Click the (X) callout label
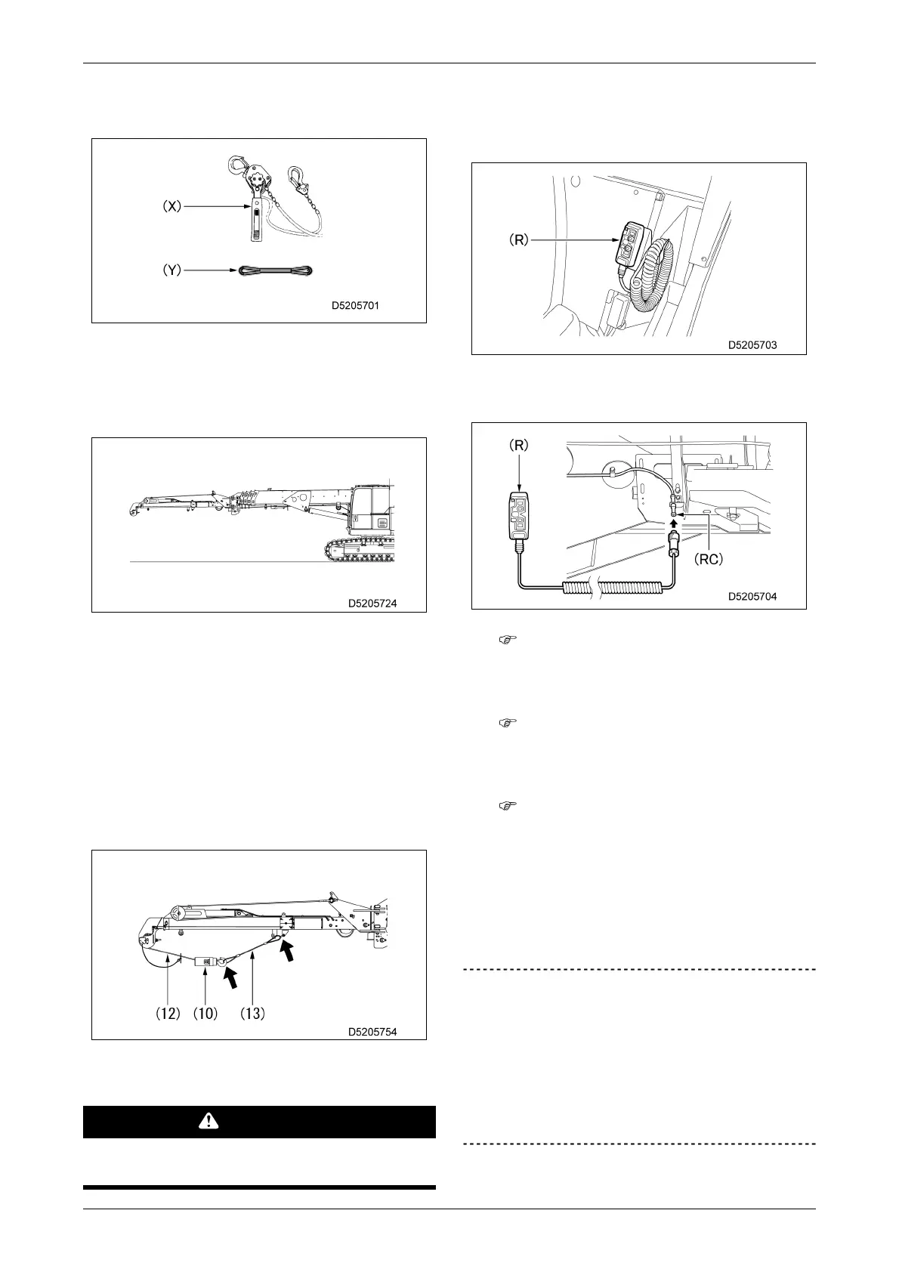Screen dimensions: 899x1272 [173, 206]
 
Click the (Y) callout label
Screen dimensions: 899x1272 [173, 270]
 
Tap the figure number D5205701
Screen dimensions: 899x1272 [355, 307]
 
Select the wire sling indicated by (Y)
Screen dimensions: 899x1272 [276, 270]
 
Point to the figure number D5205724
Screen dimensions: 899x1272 [372, 604]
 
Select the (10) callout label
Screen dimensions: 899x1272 [205, 1013]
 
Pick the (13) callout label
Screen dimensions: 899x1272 [252, 1013]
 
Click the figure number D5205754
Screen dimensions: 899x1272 [372, 1031]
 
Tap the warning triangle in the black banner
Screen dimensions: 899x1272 [208, 1122]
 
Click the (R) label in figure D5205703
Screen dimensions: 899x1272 [519, 241]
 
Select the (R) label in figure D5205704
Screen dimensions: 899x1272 [518, 446]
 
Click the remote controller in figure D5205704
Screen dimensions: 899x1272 [518, 516]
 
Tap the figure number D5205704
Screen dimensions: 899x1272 [752, 596]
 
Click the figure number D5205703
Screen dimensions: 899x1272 [752, 344]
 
